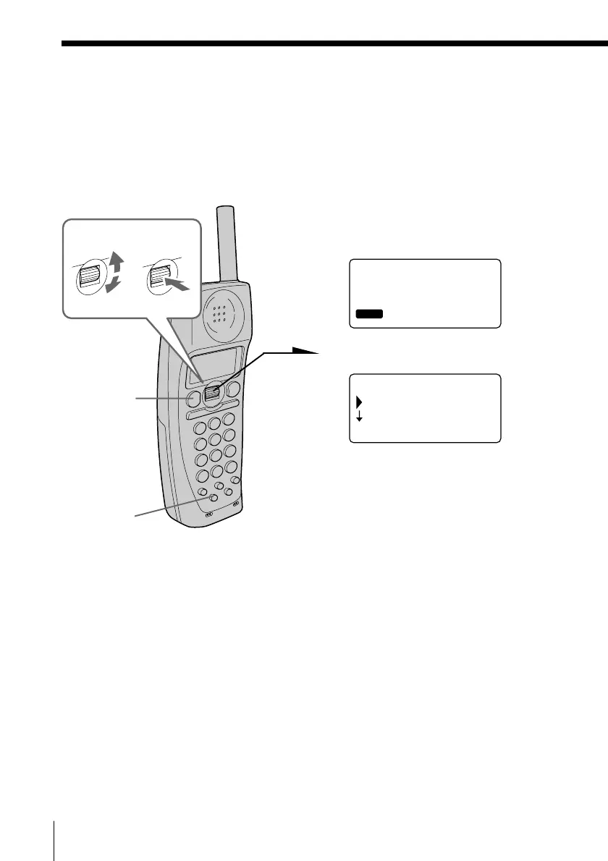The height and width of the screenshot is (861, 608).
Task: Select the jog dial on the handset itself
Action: (x=211, y=393)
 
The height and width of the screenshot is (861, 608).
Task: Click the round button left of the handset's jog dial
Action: (x=192, y=399)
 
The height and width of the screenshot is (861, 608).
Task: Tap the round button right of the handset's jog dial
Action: (x=232, y=390)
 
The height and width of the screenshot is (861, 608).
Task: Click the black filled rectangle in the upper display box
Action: (x=369, y=314)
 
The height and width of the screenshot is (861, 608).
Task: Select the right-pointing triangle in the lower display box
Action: (x=358, y=401)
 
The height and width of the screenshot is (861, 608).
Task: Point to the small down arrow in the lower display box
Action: (x=358, y=417)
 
